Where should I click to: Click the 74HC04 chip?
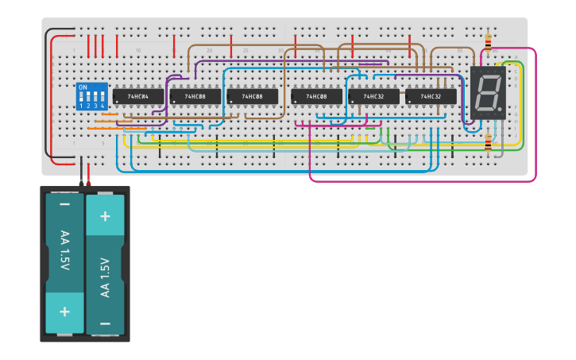pos(138,96)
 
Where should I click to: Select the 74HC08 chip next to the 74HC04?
pos(195,96)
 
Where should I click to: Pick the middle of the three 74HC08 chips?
pos(252,96)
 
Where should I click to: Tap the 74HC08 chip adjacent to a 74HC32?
pos(316,96)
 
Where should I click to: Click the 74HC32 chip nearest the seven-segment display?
pos(431,96)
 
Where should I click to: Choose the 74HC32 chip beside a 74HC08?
pos(373,96)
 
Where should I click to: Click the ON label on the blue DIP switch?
pos(83,87)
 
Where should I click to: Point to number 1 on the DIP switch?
pos(81,106)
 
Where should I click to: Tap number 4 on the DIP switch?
pos(102,106)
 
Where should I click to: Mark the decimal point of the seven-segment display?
pos(501,108)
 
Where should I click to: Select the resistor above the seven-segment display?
pos(487,41)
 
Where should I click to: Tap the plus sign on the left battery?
pos(64,311)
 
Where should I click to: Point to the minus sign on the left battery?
pos(64,205)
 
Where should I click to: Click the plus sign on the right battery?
pos(105,215)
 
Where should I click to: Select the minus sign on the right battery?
pos(105,323)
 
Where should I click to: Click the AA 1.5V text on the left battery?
pos(64,250)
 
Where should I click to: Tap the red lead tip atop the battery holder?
pos(88,184)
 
